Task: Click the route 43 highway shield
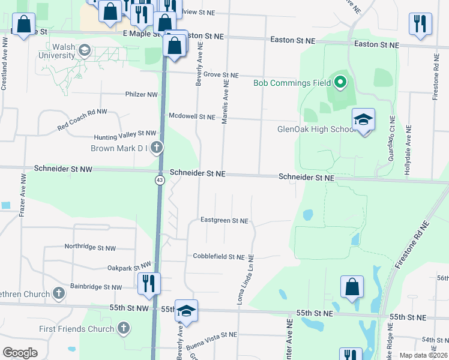160,180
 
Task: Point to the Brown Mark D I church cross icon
157,148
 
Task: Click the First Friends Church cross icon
124,328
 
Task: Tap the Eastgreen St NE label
224,221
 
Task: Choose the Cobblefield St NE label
218,256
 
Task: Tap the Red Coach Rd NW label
82,120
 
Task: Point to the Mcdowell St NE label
191,116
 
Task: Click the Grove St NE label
221,75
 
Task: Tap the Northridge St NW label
90,247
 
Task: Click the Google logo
20,353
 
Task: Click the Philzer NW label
141,94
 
